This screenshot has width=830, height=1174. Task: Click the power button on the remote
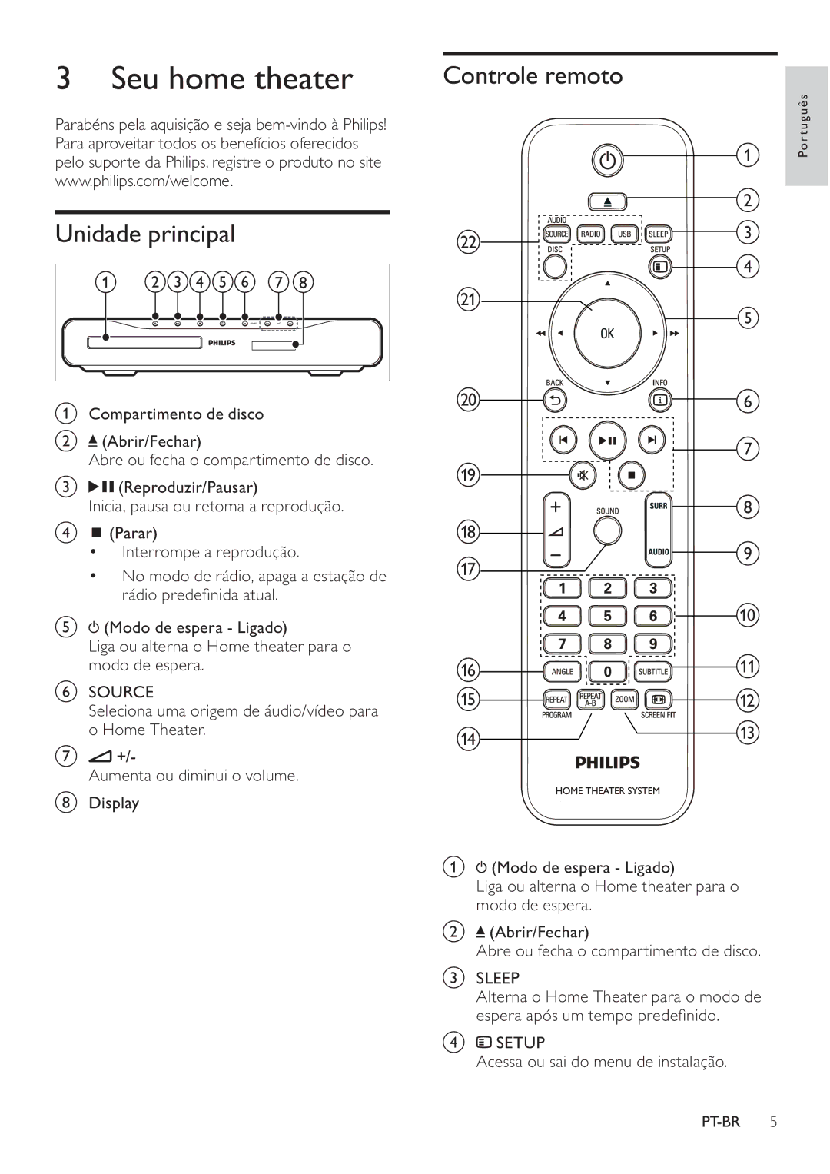[607, 160]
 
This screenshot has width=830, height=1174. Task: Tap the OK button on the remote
[607, 334]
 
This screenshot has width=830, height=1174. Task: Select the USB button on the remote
[624, 234]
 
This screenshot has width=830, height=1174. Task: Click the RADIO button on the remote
[590, 234]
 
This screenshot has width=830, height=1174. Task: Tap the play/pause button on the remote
[607, 441]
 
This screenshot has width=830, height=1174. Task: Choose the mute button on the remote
[583, 475]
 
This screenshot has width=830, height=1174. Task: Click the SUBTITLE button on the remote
[653, 671]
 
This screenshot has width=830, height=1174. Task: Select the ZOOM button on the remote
[624, 699]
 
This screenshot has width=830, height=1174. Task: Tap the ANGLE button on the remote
[563, 671]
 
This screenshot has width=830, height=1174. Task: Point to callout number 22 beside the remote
[468, 243]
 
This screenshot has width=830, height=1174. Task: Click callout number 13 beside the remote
[748, 732]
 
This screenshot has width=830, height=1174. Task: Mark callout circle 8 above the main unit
[303, 282]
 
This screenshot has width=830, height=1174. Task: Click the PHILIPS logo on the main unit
[222, 343]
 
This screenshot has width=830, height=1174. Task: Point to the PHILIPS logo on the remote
[607, 763]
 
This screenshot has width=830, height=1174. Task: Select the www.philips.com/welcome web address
[144, 181]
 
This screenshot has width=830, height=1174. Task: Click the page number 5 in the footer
[773, 1122]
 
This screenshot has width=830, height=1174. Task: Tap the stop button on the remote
[632, 475]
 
